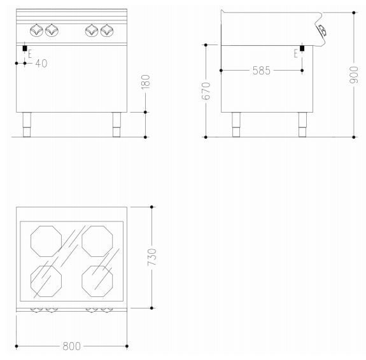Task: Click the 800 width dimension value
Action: pyautogui.click(x=72, y=346)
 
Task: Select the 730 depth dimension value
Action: pyautogui.click(x=151, y=257)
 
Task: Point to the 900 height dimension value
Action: pyautogui.click(x=354, y=74)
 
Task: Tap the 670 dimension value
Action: pyautogui.click(x=206, y=91)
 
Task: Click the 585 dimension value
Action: pyautogui.click(x=262, y=71)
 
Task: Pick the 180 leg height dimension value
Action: pyautogui.click(x=145, y=82)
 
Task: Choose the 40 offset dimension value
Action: pyautogui.click(x=41, y=63)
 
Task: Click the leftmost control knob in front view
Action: pyautogui.click(x=37, y=31)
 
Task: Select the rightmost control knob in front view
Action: pyautogui.click(x=107, y=31)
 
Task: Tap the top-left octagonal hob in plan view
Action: pyautogui.click(x=46, y=241)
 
